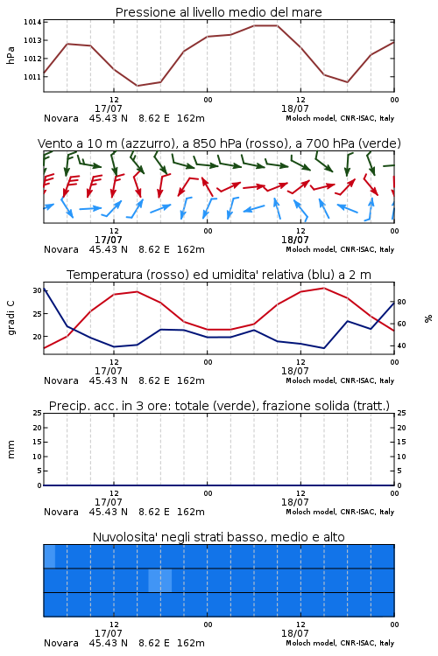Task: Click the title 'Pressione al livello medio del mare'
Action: point(218,12)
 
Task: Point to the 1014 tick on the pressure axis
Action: point(32,22)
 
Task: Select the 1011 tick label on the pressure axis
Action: point(32,77)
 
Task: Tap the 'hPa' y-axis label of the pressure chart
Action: point(11,55)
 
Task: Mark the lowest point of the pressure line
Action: point(137,86)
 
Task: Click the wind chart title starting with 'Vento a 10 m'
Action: point(219,143)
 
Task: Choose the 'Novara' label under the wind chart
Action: point(61,249)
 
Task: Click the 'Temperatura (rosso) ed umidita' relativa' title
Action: point(219,275)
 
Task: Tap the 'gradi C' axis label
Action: point(11,318)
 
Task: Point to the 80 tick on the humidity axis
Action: point(401,302)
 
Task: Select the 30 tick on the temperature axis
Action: point(37,290)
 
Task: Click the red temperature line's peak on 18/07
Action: point(323,288)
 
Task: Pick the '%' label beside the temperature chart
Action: point(428,318)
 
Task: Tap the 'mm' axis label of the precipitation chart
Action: point(11,450)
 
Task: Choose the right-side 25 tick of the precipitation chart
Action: point(401,413)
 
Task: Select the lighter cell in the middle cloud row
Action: point(160,580)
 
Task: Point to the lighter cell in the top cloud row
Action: point(49,556)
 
